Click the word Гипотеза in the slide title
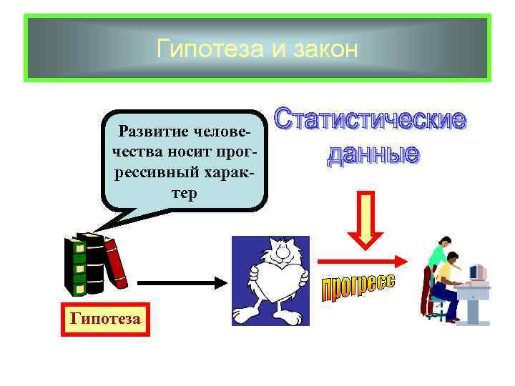point(201,49)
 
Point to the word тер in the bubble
point(184,193)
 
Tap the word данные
point(373,153)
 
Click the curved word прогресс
point(357,289)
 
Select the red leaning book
point(116,264)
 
